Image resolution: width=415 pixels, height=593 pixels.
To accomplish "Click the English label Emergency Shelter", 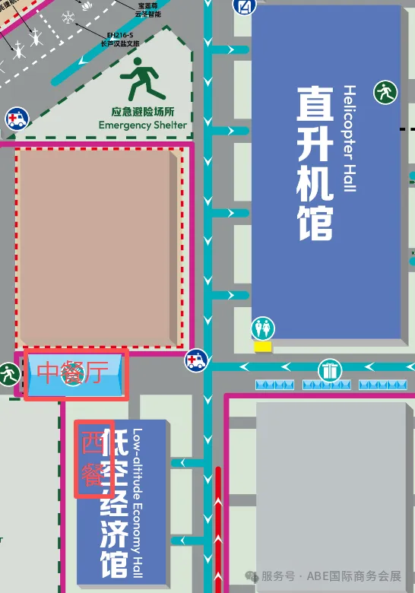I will click(142, 125).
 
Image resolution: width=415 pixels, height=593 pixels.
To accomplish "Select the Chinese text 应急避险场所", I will click(142, 109).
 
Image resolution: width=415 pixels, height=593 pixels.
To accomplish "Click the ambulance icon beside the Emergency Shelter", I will click(14, 119).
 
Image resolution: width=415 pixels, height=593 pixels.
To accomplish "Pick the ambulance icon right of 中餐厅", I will click(197, 360).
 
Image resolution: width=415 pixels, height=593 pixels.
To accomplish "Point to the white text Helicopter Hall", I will click(349, 138).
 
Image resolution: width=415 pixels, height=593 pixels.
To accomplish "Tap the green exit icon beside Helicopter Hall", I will click(385, 93).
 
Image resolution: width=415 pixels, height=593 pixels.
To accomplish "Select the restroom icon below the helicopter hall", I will click(264, 328).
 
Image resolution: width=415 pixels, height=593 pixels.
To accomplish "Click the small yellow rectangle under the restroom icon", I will click(263, 347).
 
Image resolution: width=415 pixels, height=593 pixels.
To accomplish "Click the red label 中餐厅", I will click(74, 373).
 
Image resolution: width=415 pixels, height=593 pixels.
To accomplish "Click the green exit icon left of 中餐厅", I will click(9, 373).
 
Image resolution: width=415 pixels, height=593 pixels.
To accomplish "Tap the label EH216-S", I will click(120, 36).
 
